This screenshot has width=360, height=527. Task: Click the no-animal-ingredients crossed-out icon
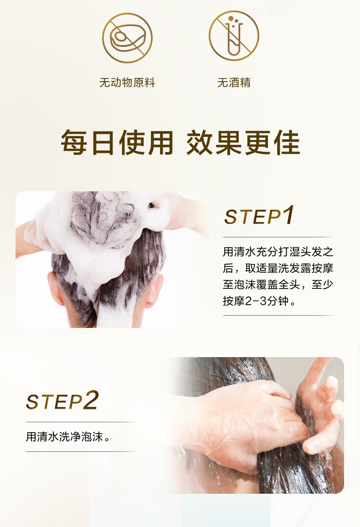(127, 38)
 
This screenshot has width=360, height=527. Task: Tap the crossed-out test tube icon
(234, 36)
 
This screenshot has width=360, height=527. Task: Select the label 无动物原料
(127, 82)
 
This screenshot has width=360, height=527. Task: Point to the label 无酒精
(234, 82)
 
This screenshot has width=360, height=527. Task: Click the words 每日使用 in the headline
(117, 143)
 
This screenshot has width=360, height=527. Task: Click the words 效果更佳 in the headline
(243, 143)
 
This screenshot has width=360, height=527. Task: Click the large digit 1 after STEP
(288, 215)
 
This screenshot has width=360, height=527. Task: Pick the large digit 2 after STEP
(91, 399)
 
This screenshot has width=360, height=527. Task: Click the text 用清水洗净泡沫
(68, 437)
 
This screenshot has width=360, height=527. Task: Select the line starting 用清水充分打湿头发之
(278, 251)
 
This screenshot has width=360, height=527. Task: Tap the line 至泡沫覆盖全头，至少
(278, 284)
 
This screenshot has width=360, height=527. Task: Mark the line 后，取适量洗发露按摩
(278, 268)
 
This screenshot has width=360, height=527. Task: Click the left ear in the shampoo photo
(56, 289)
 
